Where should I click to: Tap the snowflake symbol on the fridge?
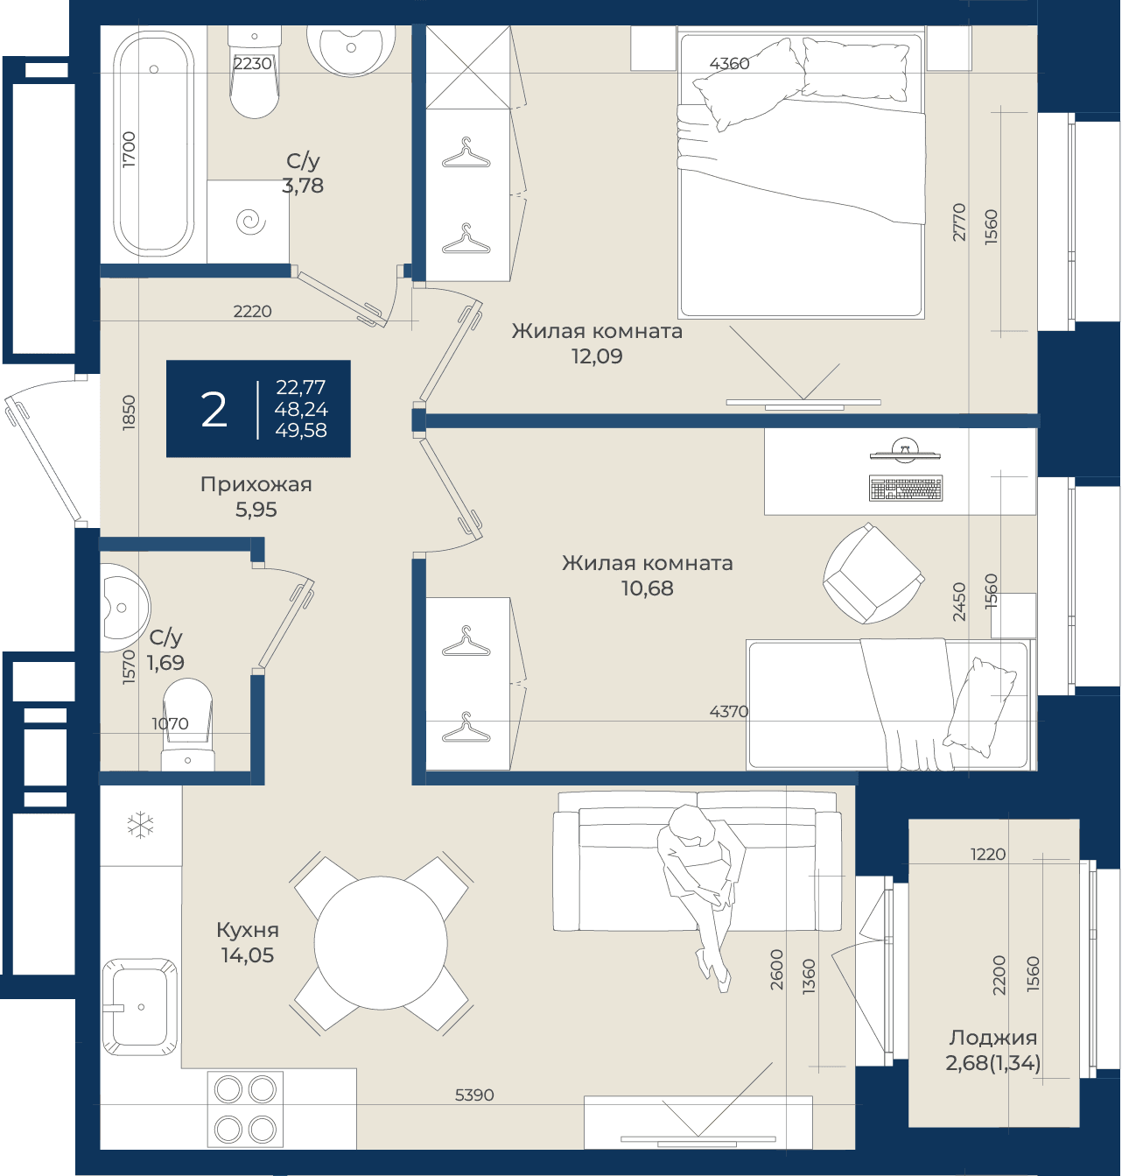point(141,825)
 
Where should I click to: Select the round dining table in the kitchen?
point(380,942)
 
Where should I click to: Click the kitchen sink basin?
point(139,1007)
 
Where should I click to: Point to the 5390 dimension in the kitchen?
point(474,1095)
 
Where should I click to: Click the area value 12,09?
point(597,356)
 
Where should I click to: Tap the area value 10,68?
point(647,588)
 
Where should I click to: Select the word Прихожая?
point(256,484)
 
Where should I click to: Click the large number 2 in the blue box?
point(214,410)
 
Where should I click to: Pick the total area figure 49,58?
point(301,430)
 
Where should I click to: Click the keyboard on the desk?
point(906,489)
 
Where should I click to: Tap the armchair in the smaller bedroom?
point(873,573)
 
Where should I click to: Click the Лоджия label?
point(992,1037)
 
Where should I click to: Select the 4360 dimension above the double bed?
point(729,63)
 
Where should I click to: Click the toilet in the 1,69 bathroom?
point(188,724)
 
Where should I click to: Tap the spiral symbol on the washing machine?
point(250,222)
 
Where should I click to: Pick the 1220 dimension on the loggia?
point(988,854)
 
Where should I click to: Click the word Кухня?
point(248,929)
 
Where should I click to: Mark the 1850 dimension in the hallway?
point(130,412)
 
